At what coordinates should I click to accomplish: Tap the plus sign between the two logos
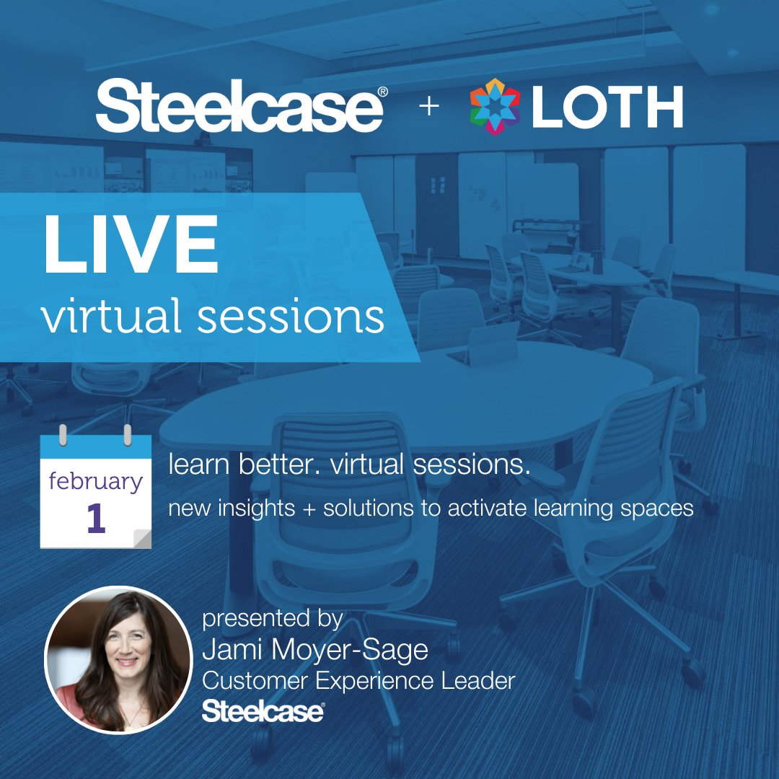[x=428, y=106]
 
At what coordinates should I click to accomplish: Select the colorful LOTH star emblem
[x=495, y=106]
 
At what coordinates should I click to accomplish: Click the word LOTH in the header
[x=607, y=106]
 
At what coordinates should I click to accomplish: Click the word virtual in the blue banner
[x=111, y=316]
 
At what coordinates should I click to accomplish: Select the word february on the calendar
[x=95, y=481]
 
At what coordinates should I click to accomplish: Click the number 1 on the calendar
[x=96, y=518]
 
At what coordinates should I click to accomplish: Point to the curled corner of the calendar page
[x=143, y=539]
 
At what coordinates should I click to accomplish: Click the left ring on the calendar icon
[x=63, y=435]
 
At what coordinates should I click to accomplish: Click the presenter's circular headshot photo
[x=118, y=660]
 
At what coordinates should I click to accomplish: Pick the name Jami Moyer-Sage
[x=315, y=650]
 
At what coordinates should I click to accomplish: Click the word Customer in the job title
[x=255, y=681]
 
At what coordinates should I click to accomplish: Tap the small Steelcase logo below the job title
[x=263, y=711]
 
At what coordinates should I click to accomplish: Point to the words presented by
[x=272, y=619]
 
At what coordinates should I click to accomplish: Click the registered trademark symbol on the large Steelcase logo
[x=382, y=92]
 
